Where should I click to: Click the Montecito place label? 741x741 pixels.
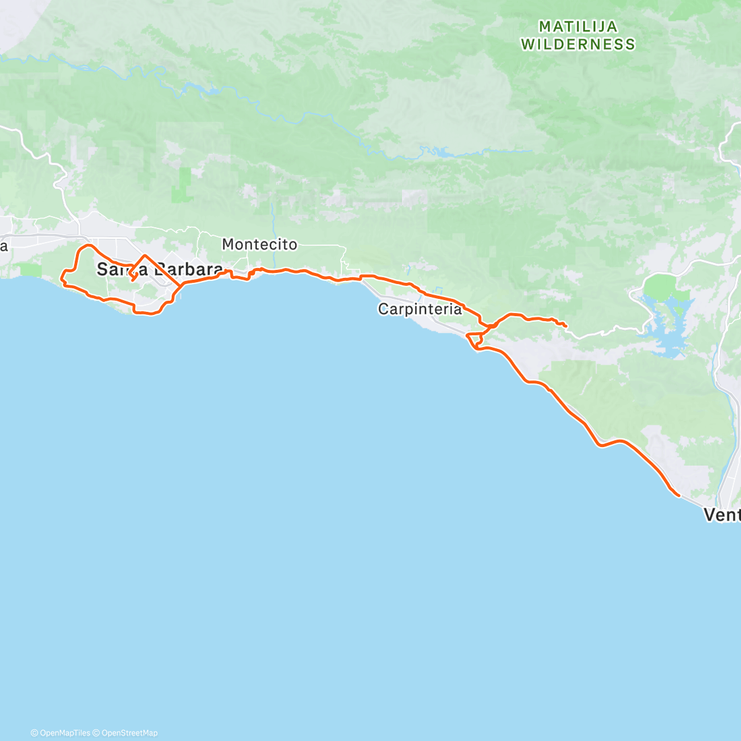[x=259, y=245]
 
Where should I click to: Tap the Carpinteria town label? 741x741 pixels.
[x=420, y=309]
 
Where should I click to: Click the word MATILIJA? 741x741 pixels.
[x=578, y=27]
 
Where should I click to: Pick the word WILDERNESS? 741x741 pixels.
[x=578, y=44]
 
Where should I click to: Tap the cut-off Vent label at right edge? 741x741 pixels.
[x=722, y=514]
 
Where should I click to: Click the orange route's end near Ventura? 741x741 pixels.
[x=679, y=495]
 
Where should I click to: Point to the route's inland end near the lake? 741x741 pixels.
[x=566, y=325]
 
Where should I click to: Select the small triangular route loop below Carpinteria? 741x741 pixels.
[x=474, y=340]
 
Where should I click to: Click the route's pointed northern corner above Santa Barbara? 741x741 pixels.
[x=145, y=256]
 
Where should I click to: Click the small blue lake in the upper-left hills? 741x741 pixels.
[x=207, y=91]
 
